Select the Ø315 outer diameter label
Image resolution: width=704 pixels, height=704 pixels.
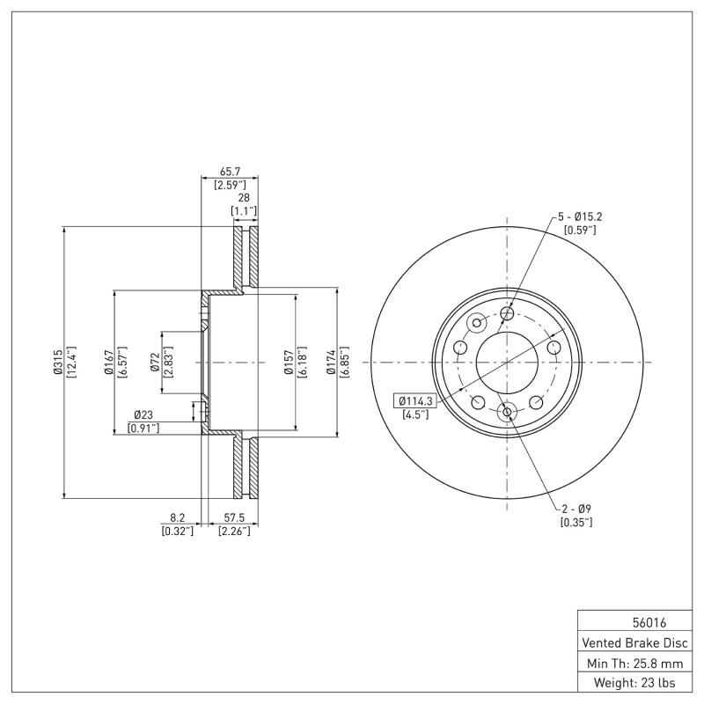pos(57,362)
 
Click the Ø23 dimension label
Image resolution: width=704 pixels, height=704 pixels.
pos(144,414)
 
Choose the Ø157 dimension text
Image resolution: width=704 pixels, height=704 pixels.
pos(288,362)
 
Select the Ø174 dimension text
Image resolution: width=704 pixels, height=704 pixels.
pos(331,362)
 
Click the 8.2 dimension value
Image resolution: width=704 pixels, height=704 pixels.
pos(177,517)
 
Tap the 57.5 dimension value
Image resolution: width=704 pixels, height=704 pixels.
pos(234,517)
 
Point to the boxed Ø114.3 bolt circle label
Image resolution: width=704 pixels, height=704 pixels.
pos(415,400)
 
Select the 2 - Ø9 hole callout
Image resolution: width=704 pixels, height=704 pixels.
pos(576,509)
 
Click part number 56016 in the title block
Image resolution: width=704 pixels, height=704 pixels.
pos(637,621)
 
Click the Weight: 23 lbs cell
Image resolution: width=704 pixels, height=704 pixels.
pos(637,682)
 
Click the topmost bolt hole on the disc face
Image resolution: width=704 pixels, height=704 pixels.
pos(507,313)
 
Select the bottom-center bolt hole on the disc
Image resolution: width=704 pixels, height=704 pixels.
pos(507,412)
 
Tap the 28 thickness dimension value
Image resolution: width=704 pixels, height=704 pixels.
pos(244,198)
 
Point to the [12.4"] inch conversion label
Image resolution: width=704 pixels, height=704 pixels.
pos(70,362)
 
